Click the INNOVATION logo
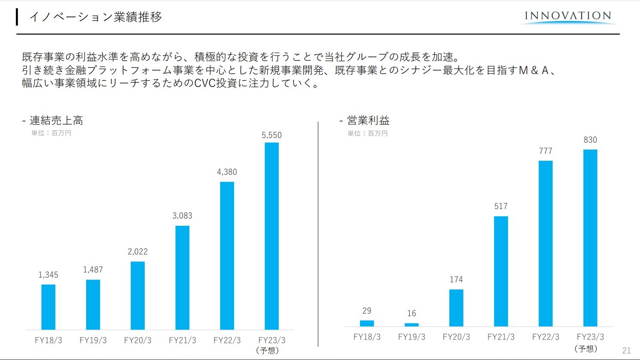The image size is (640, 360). tap(568, 17)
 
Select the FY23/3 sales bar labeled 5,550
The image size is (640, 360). tap(272, 236)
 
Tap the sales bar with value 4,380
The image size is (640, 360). tap(227, 255)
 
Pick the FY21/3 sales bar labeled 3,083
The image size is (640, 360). tap(182, 277)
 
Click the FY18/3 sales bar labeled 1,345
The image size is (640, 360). tap(48, 307)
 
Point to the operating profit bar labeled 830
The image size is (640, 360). tap(590, 238)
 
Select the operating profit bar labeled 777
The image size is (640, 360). tap(546, 243)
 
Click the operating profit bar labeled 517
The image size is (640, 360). tap(501, 271)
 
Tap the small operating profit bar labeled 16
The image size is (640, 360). tap(412, 325)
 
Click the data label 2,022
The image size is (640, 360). tap(138, 252)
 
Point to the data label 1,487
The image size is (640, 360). tap(93, 270)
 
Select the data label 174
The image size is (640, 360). tap(456, 279)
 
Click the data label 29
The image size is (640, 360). tap(367, 311)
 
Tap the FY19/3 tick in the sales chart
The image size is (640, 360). tap(93, 340)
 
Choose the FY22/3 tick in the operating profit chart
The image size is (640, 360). tap(546, 337)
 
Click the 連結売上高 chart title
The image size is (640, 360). tap(56, 120)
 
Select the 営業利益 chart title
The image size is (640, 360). tap(368, 120)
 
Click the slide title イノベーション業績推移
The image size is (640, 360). tap(95, 17)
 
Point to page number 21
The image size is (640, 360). tap(626, 351)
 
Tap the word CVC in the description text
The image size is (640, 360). tap(205, 83)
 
